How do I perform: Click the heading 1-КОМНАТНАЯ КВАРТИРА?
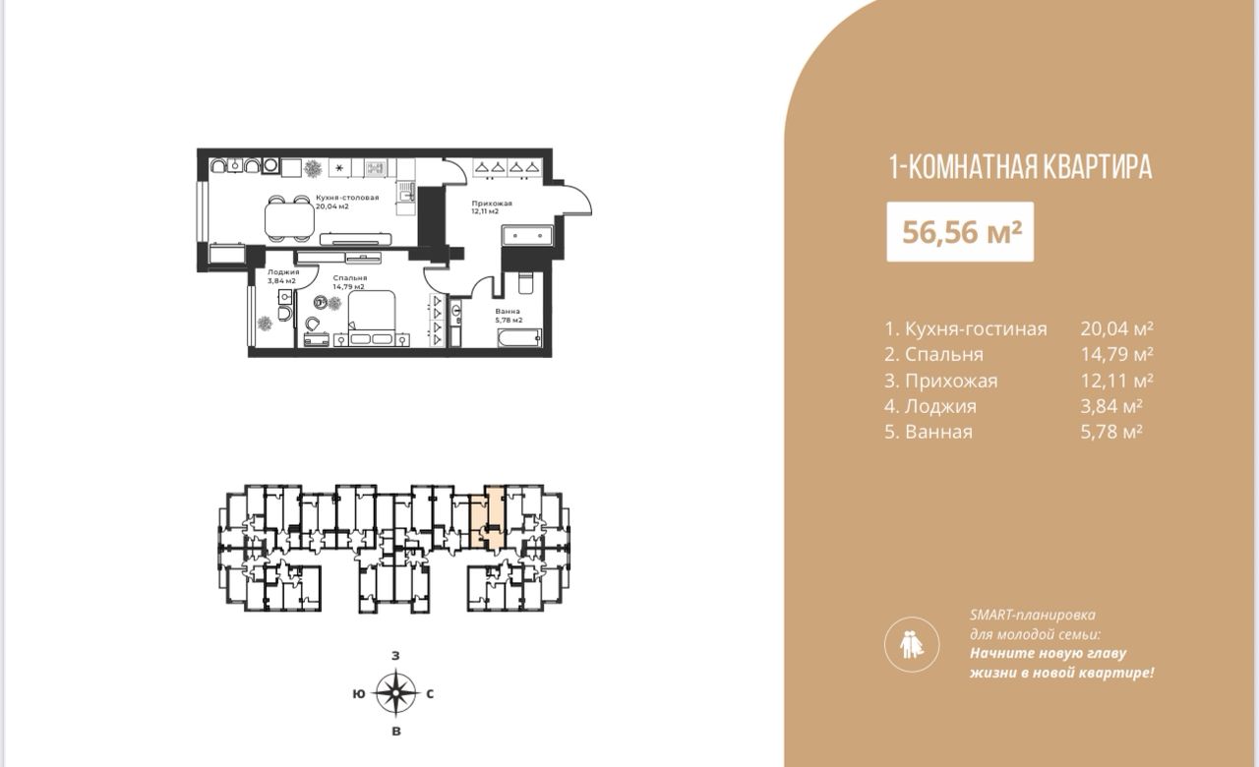(1020, 167)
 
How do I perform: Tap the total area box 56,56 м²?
(960, 231)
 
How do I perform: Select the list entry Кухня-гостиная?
(966, 328)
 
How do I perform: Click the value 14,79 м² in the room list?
(1116, 354)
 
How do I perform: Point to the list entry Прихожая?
(941, 381)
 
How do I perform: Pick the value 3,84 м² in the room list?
(1111, 406)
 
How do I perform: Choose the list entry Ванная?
(929, 432)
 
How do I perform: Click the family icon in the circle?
(912, 645)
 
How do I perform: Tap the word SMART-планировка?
(1033, 615)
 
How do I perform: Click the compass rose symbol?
(396, 693)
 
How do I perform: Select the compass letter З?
(395, 656)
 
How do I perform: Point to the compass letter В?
(396, 732)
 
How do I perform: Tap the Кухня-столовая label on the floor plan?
(347, 198)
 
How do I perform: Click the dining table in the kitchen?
(289, 218)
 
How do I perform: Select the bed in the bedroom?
(372, 317)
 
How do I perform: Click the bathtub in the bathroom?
(520, 337)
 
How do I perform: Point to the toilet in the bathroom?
(525, 284)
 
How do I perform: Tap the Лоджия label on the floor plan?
(283, 272)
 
